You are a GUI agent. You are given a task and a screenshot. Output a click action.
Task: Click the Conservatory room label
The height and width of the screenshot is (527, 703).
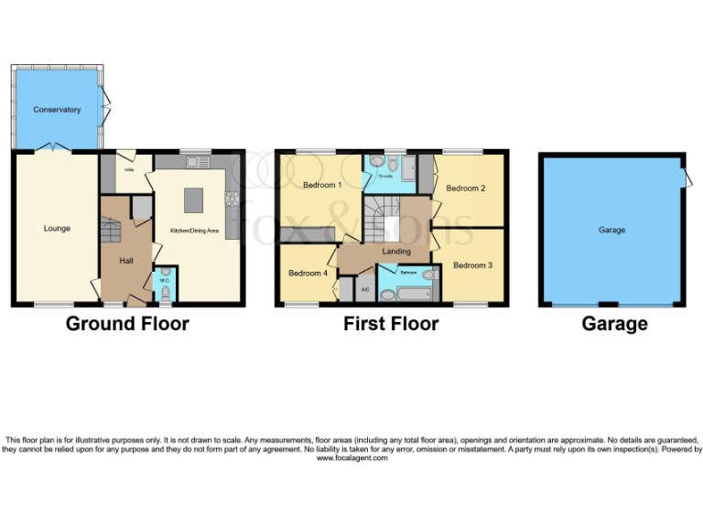57,110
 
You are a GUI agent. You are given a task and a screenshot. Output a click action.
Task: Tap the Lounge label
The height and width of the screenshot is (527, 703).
57,228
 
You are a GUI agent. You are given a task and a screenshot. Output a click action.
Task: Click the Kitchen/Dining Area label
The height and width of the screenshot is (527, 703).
194,231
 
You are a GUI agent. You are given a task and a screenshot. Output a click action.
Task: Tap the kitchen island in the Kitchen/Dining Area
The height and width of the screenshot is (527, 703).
194,199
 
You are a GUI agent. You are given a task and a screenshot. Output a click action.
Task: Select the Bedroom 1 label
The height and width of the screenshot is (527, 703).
308,186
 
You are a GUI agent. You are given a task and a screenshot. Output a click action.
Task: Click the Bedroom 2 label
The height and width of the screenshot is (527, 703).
465,188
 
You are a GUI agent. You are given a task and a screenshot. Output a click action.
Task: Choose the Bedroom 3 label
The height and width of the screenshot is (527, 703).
472,265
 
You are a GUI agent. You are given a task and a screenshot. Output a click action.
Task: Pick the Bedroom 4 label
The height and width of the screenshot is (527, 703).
308,273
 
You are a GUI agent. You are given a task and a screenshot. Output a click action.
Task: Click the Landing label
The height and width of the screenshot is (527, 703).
395,252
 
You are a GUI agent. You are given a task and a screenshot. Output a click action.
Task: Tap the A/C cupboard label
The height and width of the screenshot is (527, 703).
365,289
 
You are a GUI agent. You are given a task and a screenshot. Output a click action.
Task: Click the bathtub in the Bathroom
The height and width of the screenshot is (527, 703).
408,295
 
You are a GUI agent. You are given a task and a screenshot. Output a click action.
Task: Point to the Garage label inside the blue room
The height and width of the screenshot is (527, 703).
611,230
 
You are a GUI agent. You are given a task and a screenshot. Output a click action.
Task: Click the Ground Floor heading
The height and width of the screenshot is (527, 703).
127,323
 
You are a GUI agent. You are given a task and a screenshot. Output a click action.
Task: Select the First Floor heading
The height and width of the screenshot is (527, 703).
391,323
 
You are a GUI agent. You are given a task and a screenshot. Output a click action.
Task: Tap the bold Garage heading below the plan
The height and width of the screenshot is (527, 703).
614,323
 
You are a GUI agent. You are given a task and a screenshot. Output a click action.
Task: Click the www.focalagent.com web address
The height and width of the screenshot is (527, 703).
351,457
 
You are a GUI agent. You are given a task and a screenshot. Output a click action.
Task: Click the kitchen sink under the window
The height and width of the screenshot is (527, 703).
195,163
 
